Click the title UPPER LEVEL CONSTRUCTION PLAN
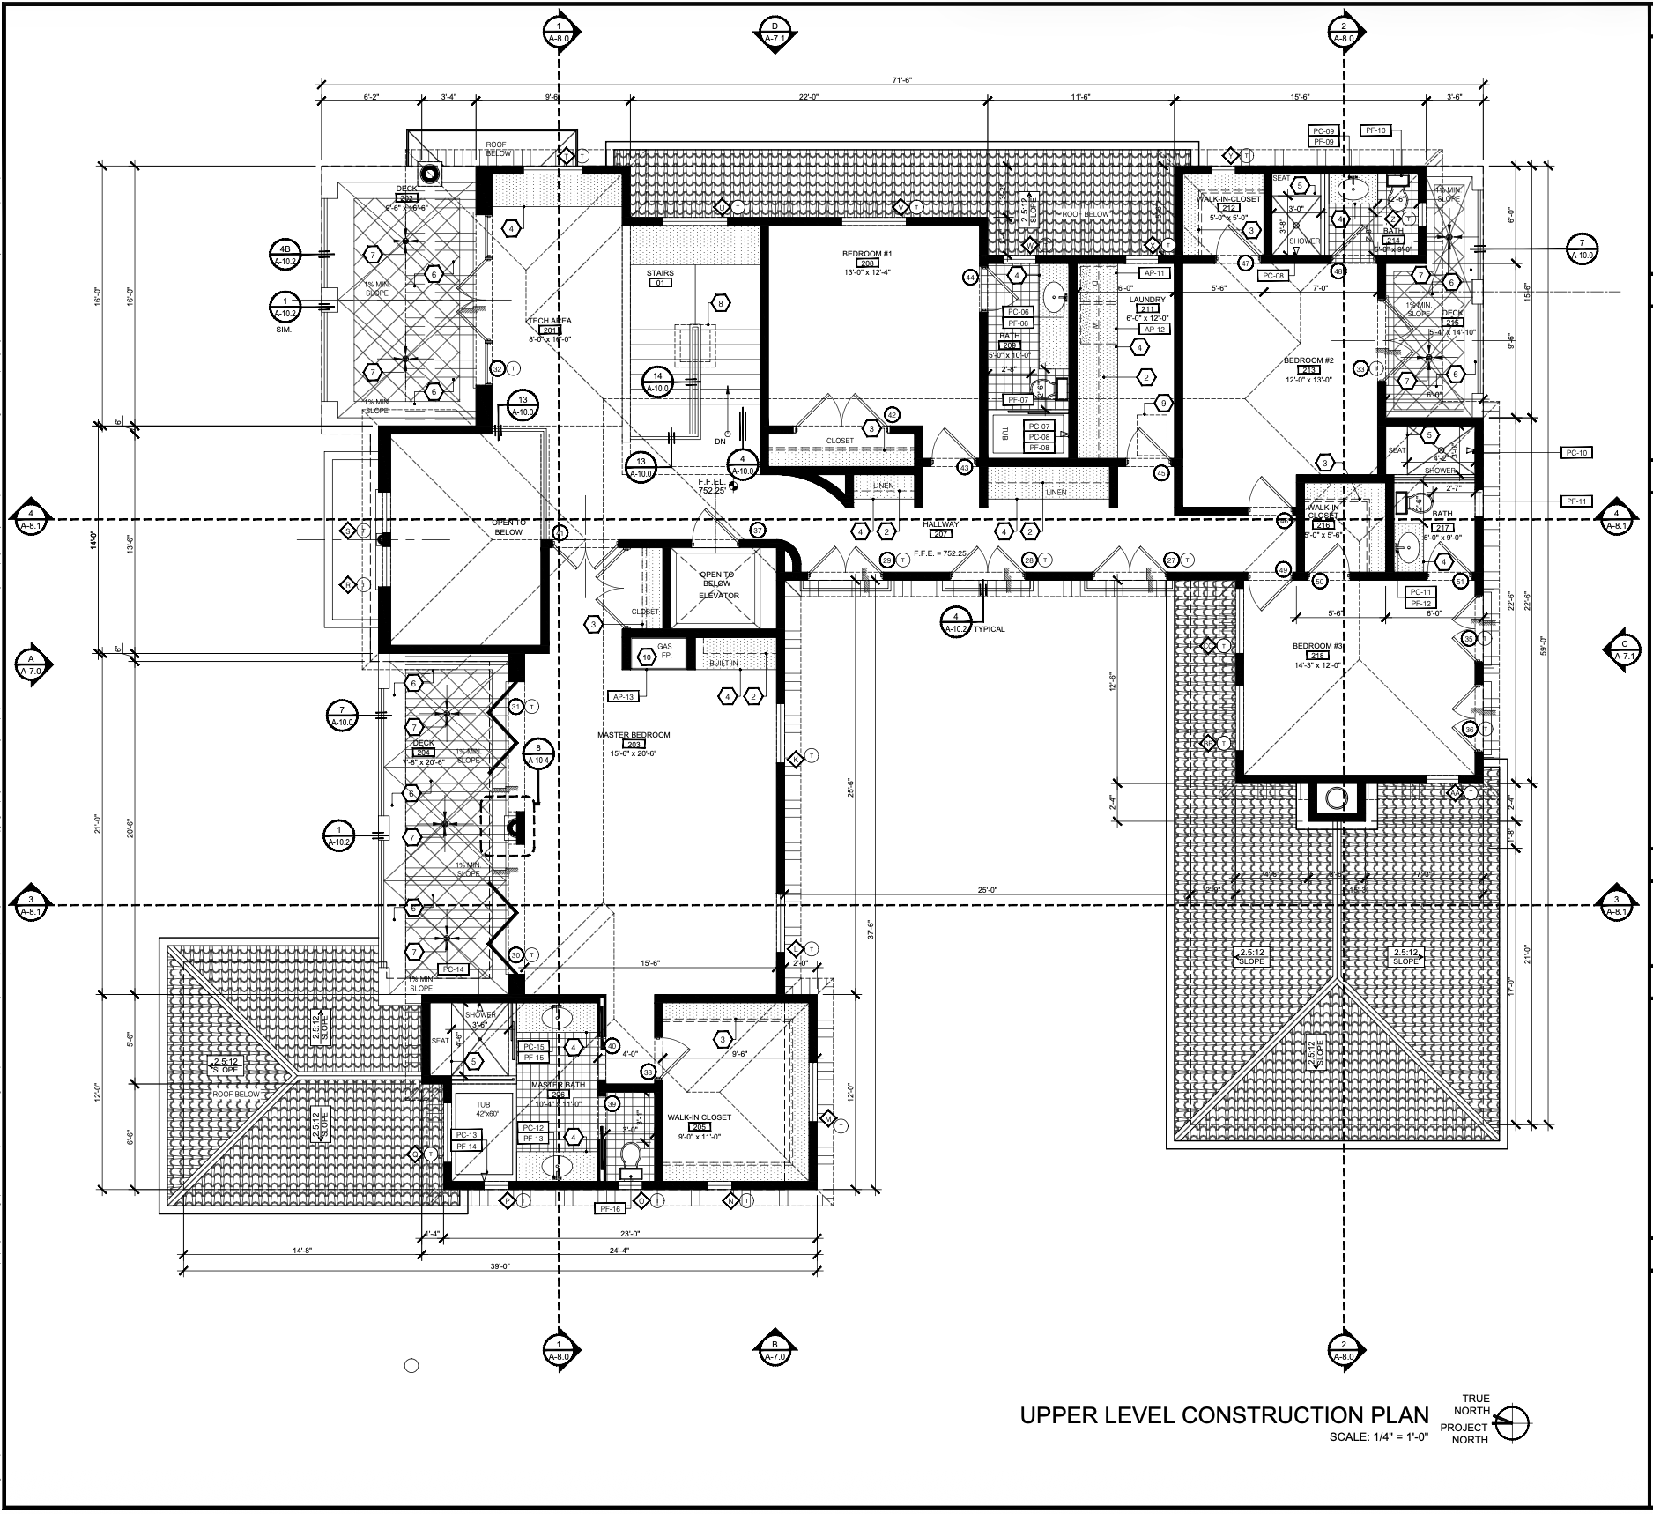(x=1224, y=1415)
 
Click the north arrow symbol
(x=1513, y=1421)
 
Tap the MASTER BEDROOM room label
(x=634, y=735)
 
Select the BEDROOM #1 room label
(x=867, y=254)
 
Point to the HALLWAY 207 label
(x=940, y=524)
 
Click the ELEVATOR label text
(x=718, y=596)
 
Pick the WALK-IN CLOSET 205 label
(x=699, y=1117)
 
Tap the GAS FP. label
(x=664, y=651)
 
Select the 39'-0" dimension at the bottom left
(x=500, y=1266)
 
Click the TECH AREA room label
(x=550, y=321)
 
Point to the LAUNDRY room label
(x=1147, y=301)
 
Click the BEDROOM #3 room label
(x=1317, y=646)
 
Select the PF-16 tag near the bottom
(x=610, y=1209)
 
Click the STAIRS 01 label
(x=660, y=273)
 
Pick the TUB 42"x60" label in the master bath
(x=484, y=1109)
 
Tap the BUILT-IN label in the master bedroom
(x=723, y=663)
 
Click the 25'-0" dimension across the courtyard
(x=987, y=890)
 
